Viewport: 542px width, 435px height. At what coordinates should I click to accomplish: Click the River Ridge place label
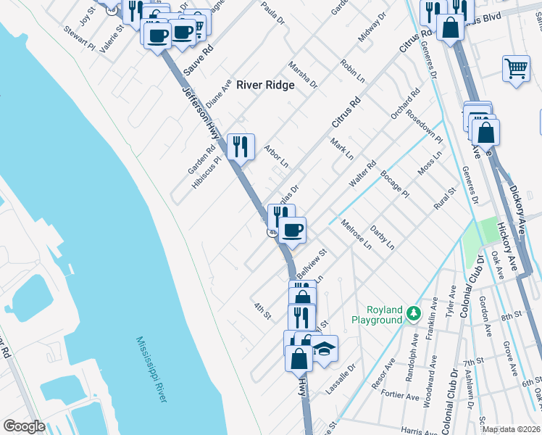point(265,85)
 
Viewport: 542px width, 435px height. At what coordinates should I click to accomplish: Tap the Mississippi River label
point(152,369)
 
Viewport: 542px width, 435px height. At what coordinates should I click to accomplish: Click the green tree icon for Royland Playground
point(413,313)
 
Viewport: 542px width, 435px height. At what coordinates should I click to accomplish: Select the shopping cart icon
point(515,69)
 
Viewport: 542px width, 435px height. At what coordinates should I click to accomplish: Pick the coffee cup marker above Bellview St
point(293,230)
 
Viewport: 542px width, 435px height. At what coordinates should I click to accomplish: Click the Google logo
point(24,426)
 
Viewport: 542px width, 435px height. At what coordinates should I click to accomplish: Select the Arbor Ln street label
point(277,154)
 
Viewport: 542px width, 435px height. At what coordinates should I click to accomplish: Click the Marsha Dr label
point(303,75)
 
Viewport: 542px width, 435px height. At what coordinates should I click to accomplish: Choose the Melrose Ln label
point(355,234)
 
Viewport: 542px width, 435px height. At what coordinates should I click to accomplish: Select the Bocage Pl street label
point(395,184)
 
